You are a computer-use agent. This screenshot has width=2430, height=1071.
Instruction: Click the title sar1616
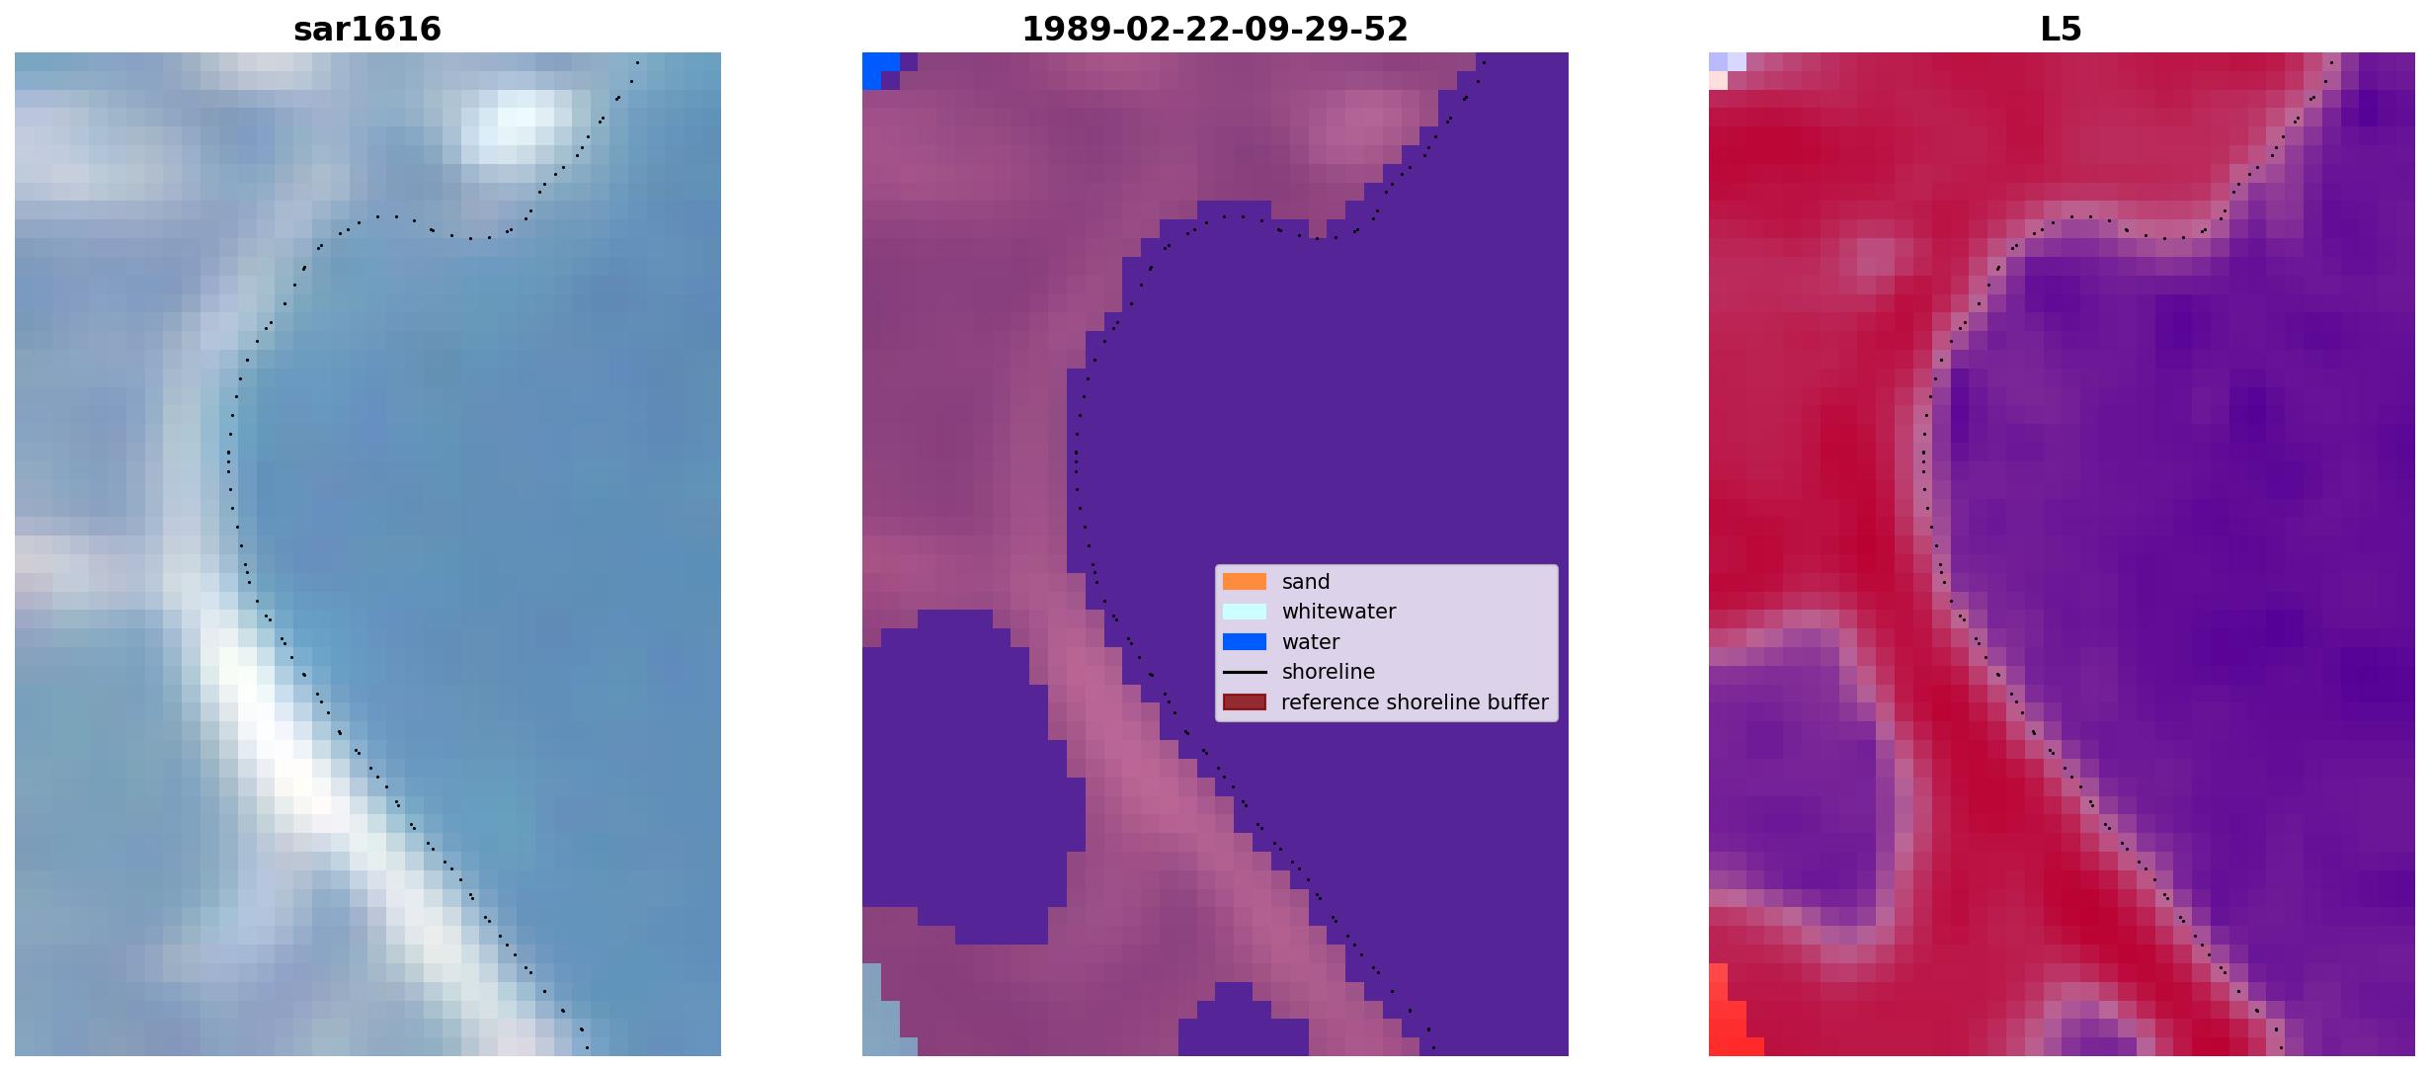click(x=367, y=30)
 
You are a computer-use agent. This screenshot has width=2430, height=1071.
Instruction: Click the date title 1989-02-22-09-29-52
click(x=1215, y=30)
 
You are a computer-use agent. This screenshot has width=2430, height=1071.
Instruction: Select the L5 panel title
click(x=2062, y=30)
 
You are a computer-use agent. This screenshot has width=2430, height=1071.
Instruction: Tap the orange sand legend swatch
click(x=1245, y=582)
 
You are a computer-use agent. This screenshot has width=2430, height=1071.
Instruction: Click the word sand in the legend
click(x=1306, y=582)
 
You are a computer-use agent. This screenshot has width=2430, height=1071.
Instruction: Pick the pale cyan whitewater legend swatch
click(x=1245, y=612)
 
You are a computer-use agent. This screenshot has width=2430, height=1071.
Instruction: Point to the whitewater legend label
click(x=1338, y=612)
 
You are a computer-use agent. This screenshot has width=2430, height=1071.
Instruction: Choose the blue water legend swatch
click(x=1245, y=642)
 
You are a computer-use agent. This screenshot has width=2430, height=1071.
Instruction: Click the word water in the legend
click(x=1311, y=642)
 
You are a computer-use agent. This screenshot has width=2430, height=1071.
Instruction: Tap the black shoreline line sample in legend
click(x=1245, y=672)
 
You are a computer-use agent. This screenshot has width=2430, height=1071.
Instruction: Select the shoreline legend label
click(x=1329, y=672)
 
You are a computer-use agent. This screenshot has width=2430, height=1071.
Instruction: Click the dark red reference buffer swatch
click(x=1245, y=702)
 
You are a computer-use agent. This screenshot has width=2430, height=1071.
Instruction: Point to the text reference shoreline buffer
click(x=1415, y=702)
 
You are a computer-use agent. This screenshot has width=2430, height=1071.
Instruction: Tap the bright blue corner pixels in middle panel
click(x=878, y=69)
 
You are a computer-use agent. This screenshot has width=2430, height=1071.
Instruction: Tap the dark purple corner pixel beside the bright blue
click(x=890, y=80)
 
